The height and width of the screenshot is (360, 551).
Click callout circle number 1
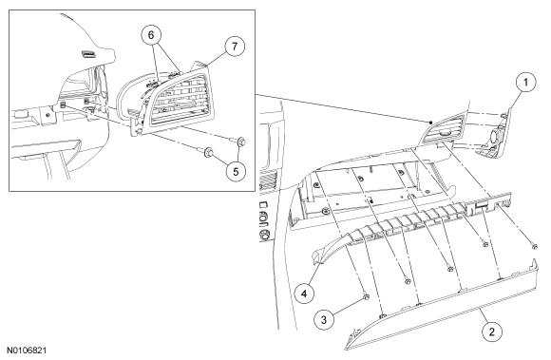525,83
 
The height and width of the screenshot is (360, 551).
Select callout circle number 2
491,332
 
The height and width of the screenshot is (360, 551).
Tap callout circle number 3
324,319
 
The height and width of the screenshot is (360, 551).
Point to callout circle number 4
304,293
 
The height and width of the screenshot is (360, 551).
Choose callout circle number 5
236,171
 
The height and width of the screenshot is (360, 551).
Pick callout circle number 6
151,35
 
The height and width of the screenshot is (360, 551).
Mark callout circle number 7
235,46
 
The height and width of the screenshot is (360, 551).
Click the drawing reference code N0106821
27,351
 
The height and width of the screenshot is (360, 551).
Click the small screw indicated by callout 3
366,297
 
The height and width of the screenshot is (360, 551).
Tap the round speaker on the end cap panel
493,136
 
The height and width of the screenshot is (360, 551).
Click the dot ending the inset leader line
430,123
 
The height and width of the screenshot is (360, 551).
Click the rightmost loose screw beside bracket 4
535,247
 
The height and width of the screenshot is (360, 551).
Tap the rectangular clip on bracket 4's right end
482,205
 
